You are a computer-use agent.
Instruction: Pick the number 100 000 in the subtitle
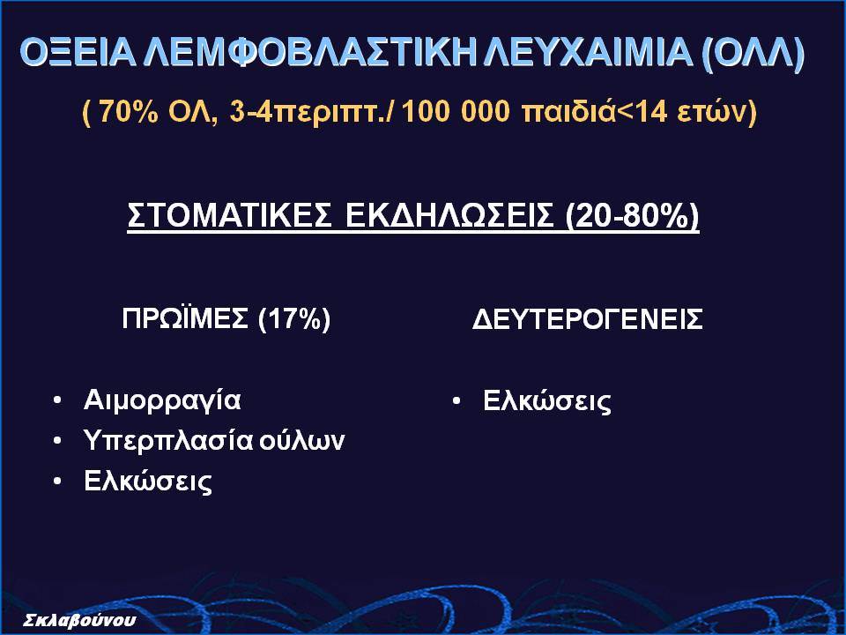point(456,112)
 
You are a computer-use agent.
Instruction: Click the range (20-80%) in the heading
point(633,217)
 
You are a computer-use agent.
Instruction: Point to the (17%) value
point(294,319)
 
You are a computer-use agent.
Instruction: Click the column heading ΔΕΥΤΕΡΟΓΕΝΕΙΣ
point(588,318)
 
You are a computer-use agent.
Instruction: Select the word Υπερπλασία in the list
point(168,441)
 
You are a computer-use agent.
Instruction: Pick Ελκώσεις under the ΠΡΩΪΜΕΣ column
point(148,481)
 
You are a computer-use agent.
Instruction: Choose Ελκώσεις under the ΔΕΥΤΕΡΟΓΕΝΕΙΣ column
point(547,401)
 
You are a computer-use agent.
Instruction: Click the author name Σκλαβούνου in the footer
point(80,620)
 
